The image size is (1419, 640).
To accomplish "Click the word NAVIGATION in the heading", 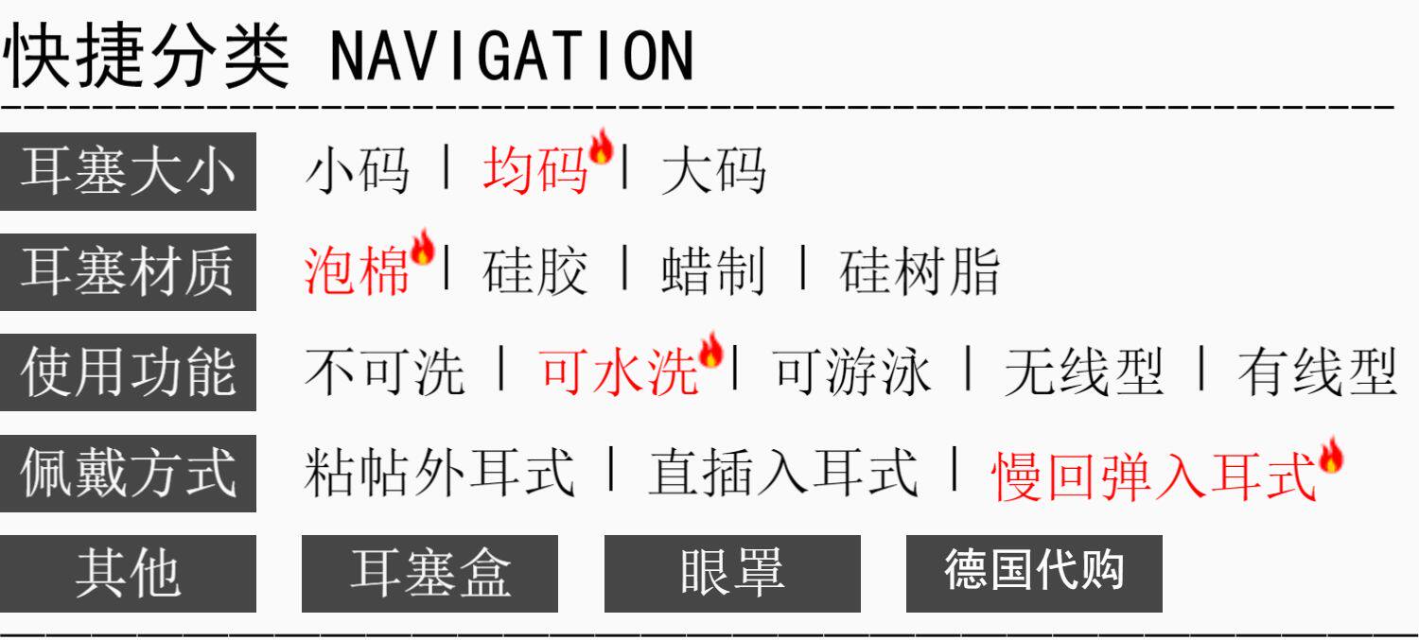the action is pyautogui.click(x=511, y=57).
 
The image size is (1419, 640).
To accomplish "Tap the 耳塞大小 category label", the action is pyautogui.click(x=128, y=172).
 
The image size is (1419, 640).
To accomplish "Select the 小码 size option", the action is pyautogui.click(x=357, y=172).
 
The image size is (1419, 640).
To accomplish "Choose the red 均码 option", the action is pyautogui.click(x=534, y=172).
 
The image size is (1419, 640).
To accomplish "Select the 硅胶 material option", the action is pyautogui.click(x=534, y=272).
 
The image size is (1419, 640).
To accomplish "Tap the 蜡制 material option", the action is pyautogui.click(x=712, y=272).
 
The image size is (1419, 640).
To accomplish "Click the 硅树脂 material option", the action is pyautogui.click(x=919, y=272).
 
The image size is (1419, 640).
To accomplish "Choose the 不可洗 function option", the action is pyautogui.click(x=384, y=372).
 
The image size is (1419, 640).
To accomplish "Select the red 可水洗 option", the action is pyautogui.click(x=619, y=372).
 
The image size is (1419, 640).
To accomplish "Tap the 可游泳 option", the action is pyautogui.click(x=852, y=372).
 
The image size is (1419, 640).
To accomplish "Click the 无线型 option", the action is pyautogui.click(x=1083, y=372).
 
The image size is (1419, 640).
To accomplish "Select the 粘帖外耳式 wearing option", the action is pyautogui.click(x=439, y=473).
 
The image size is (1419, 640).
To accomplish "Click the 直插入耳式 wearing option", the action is pyautogui.click(x=782, y=473).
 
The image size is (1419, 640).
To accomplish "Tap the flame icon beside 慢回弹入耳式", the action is pyautogui.click(x=1330, y=456).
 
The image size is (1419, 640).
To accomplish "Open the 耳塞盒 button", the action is pyautogui.click(x=429, y=573).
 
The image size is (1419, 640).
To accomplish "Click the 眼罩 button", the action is pyautogui.click(x=731, y=573).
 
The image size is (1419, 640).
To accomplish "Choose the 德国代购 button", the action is pyautogui.click(x=1034, y=573).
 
